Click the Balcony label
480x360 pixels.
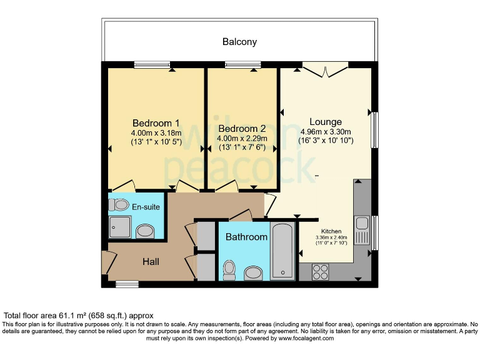point(239,42)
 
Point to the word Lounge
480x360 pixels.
point(326,122)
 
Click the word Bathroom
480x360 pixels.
point(246,237)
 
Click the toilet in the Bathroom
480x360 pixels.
point(229,269)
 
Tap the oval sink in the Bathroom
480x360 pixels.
point(254,272)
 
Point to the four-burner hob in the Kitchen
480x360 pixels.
point(321,272)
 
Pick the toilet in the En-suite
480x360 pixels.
point(119,204)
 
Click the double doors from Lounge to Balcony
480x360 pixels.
point(325,69)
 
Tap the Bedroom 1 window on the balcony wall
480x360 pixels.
point(152,64)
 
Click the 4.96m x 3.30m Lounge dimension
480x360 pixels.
point(326,132)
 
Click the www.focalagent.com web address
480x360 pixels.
point(306,338)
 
